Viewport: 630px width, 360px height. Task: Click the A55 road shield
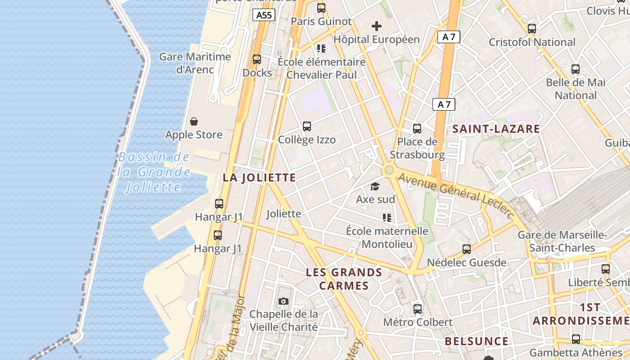pos(264,15)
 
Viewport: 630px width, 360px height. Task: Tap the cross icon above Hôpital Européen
pos(376,26)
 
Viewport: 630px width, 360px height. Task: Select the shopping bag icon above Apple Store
pos(194,121)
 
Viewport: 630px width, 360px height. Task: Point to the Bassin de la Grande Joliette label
pos(153,172)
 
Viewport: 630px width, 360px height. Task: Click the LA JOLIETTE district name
pos(259,177)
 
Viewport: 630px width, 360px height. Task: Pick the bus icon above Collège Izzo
pos(307,126)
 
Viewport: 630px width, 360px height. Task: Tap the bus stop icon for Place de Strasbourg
pos(417,129)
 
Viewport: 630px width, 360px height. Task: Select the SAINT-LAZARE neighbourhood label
pos(496,129)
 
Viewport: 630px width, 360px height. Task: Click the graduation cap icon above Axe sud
pos(375,186)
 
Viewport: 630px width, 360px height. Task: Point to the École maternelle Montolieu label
pos(387,238)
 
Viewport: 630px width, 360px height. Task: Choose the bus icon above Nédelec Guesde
pos(467,249)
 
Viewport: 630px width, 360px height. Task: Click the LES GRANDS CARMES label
pos(344,279)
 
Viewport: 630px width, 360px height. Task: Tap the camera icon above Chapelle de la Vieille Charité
pos(283,301)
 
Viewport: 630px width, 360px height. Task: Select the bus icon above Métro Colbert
pos(418,309)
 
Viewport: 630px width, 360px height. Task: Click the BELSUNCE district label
pos(477,341)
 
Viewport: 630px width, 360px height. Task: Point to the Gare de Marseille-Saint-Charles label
pos(562,241)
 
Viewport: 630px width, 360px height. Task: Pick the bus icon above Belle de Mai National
pos(576,69)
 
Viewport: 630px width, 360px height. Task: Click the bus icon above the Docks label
pos(257,59)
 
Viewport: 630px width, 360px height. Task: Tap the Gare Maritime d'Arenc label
pos(195,63)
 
